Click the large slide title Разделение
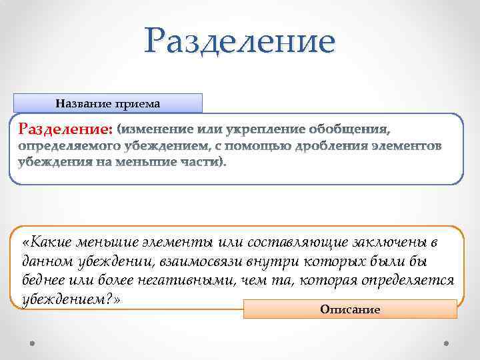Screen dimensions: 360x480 240,42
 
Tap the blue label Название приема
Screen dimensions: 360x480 107,103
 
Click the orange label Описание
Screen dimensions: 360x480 350,309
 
